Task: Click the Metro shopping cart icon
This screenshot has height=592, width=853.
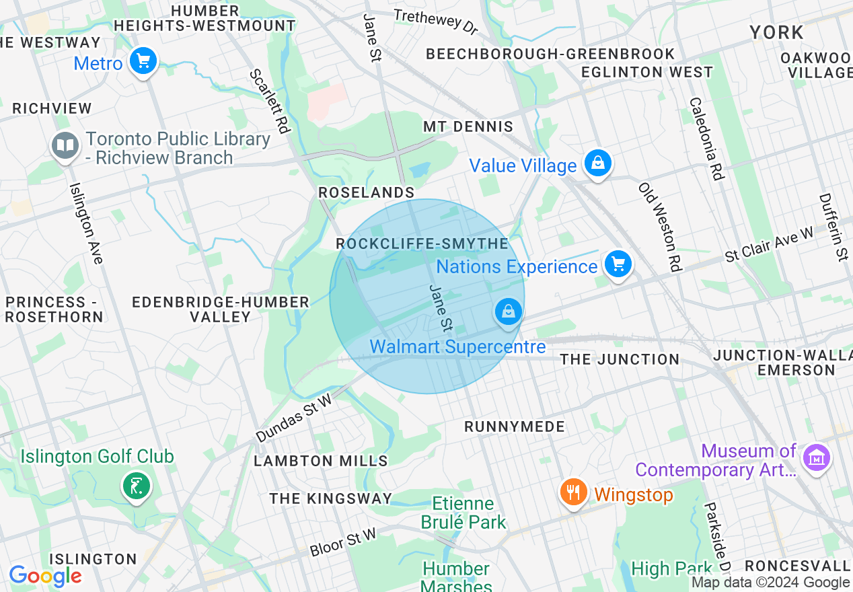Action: click(x=143, y=62)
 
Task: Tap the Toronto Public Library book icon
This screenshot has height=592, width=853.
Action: click(x=65, y=146)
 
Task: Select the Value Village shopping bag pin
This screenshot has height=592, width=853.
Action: click(x=597, y=163)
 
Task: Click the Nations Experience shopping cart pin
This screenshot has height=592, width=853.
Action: click(x=618, y=264)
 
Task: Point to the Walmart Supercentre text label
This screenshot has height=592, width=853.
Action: click(x=457, y=347)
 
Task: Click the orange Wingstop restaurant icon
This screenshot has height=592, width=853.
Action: click(x=573, y=492)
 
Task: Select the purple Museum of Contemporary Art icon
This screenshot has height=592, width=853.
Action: click(x=817, y=459)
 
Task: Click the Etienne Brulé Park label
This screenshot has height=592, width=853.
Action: click(x=463, y=513)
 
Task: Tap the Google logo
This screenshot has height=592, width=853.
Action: click(x=45, y=576)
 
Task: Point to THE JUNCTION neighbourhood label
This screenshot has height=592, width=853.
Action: click(x=620, y=359)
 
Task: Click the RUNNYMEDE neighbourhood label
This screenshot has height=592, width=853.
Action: click(x=515, y=427)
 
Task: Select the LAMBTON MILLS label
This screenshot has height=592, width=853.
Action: click(x=321, y=461)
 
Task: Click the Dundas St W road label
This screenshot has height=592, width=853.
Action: click(x=294, y=418)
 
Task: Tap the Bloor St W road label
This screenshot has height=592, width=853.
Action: click(x=343, y=543)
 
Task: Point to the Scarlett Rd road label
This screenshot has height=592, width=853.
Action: click(x=269, y=100)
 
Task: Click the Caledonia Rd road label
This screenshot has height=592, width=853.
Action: click(x=705, y=139)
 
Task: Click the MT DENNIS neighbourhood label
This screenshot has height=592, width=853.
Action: click(x=468, y=126)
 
